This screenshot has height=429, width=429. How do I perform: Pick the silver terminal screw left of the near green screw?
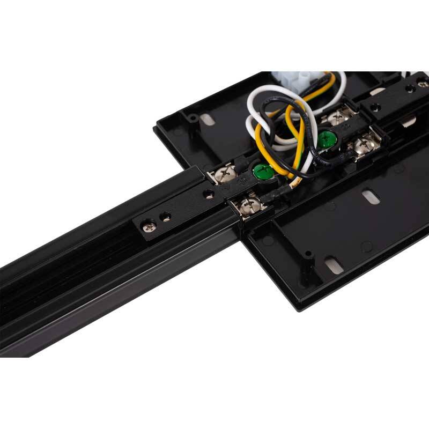tap(225, 176)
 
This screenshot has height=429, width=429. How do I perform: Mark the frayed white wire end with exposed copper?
tap(293, 186)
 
